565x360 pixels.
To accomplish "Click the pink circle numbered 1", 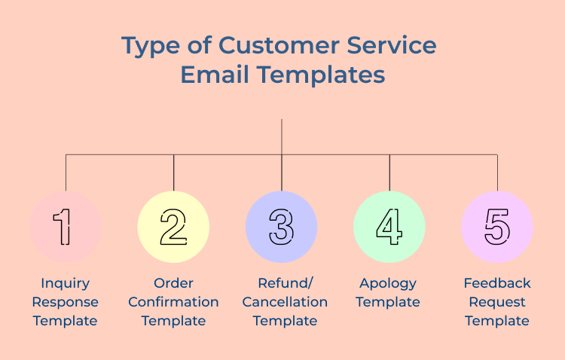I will point(66,227).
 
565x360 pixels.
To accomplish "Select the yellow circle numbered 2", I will point(173,227).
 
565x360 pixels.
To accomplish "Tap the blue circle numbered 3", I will point(281,227).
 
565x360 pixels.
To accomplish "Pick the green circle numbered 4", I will point(389,227).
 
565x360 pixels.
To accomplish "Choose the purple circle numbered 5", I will point(497,227).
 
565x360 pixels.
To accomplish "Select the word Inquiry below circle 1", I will point(66,283).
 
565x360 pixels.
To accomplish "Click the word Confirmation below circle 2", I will point(173,302).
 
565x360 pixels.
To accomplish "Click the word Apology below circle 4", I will point(389,283).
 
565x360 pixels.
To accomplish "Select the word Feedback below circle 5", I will point(497,283).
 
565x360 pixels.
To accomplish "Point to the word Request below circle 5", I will point(497,302).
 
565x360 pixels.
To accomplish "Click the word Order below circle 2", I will point(173,283).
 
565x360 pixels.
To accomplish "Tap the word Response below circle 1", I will point(66,302).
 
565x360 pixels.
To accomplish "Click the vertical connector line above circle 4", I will point(389,172).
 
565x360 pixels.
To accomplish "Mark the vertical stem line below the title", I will point(282,136).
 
